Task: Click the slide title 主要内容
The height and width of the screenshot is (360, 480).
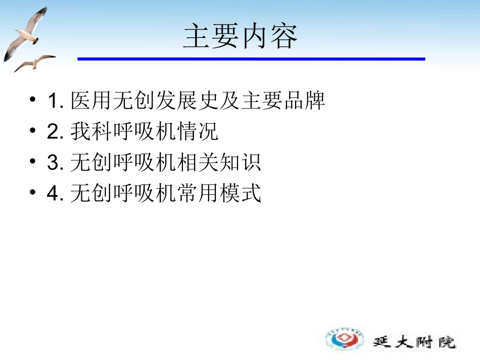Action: click(x=240, y=36)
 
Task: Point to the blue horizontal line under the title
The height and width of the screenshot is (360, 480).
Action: click(x=251, y=59)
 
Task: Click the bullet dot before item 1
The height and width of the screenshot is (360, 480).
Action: click(x=33, y=100)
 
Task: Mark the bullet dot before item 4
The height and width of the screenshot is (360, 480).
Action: click(x=33, y=193)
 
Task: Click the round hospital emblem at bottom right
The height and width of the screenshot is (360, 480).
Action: click(x=345, y=338)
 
